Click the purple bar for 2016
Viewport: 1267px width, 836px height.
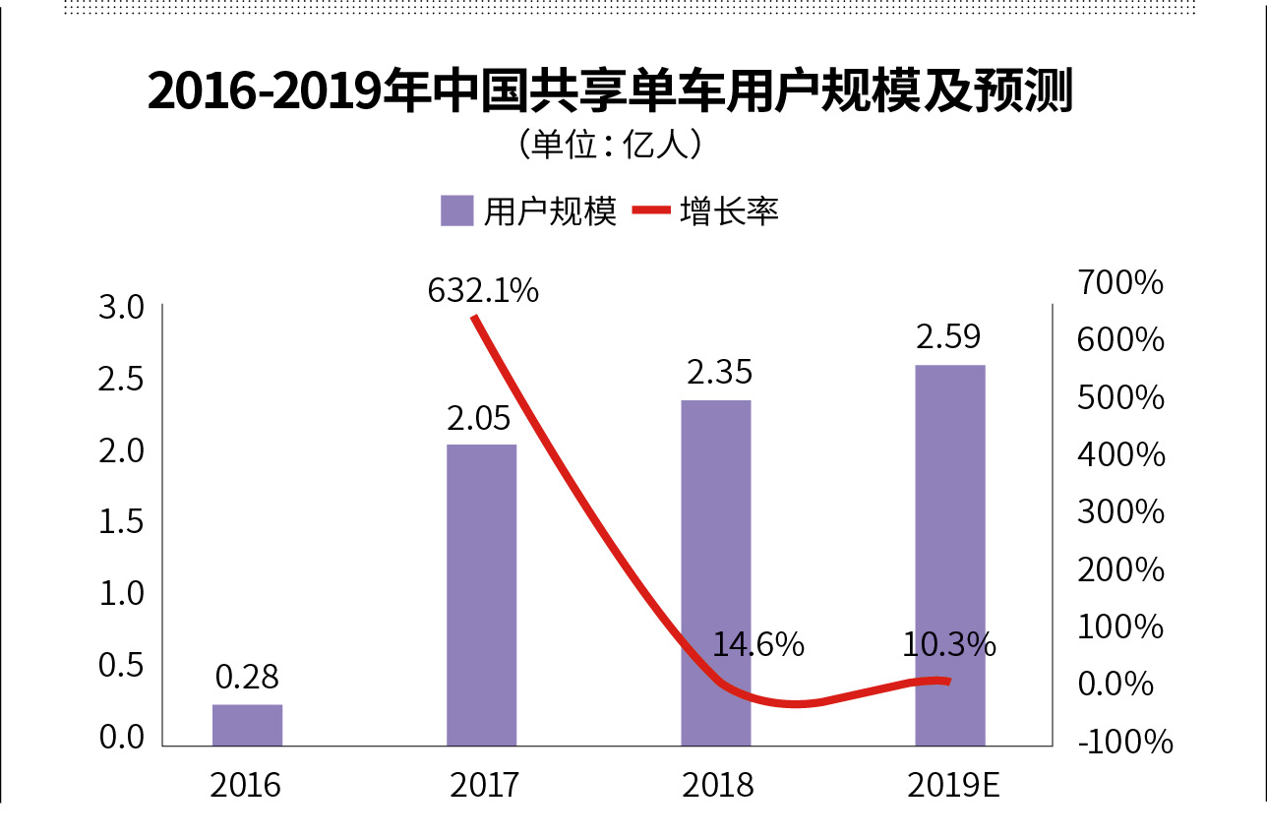[247, 725]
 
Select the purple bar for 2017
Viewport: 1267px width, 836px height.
[481, 595]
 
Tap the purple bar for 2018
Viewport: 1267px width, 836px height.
[715, 572]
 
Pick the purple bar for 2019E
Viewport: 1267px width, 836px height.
[949, 556]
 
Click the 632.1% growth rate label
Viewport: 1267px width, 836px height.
[483, 291]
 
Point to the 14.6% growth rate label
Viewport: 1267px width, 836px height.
[758, 645]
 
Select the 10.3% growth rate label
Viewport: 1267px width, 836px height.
[949, 645]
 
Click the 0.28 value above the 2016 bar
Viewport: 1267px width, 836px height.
[247, 678]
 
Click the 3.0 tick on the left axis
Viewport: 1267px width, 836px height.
[122, 308]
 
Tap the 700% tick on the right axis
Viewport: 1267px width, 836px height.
[1120, 283]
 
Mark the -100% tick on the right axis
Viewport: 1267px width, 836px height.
[1125, 742]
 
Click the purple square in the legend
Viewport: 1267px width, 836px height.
[457, 210]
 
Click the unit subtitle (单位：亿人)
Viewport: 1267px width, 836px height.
[608, 146]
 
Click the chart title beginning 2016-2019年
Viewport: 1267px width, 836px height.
[610, 92]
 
